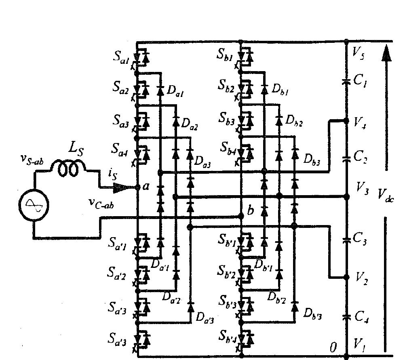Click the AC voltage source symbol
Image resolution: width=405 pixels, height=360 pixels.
tap(33, 205)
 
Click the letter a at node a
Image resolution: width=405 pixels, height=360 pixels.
tap(146, 186)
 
